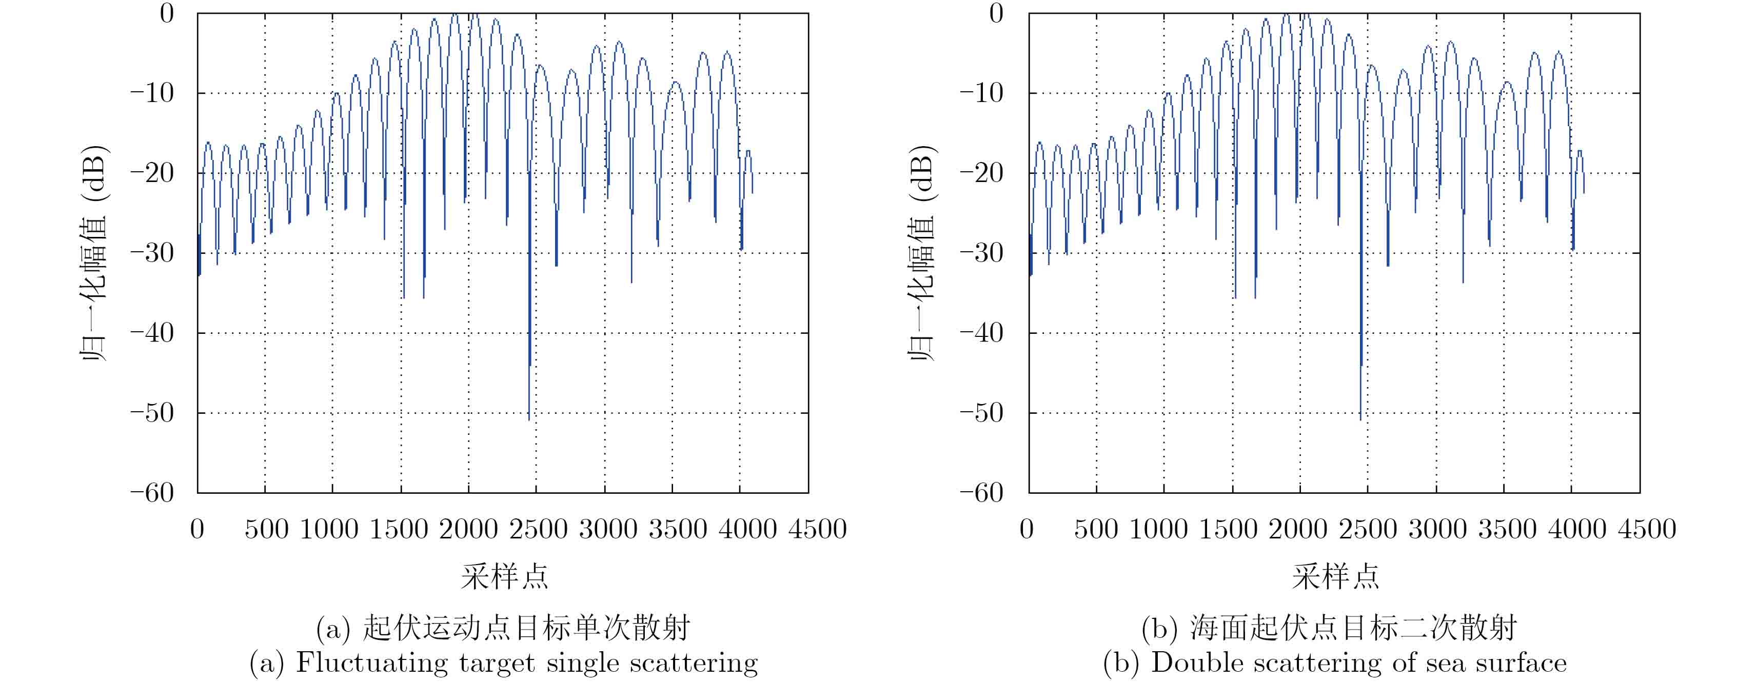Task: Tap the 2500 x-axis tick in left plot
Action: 538,529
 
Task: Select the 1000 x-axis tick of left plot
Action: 329,529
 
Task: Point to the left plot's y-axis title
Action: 93,252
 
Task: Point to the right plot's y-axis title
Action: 923,252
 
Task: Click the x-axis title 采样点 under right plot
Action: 1335,577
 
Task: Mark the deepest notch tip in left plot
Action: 528,419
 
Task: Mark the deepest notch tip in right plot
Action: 1360,419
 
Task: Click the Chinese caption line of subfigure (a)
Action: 503,628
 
